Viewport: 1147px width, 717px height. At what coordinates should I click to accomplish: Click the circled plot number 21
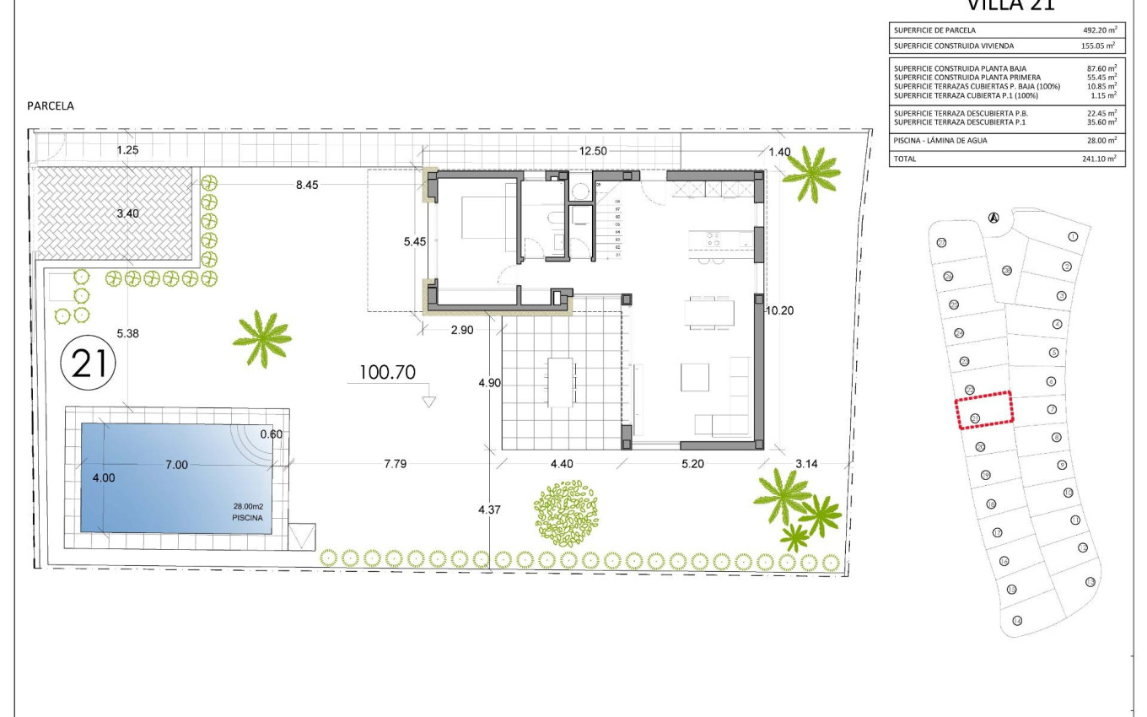coord(89,364)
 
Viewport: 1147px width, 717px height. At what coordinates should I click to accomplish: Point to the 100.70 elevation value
coord(387,372)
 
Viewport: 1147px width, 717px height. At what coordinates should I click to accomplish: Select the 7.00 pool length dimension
coord(176,464)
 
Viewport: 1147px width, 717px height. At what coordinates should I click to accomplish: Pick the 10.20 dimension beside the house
coord(779,310)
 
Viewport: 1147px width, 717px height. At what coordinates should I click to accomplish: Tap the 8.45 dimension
coord(307,184)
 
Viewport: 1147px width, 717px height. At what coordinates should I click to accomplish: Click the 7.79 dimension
coord(395,463)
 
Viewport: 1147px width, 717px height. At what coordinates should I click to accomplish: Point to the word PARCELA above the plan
coord(51,106)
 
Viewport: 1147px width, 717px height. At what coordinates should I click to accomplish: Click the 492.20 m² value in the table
coord(1099,30)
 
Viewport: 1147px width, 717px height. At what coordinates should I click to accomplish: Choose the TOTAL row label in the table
coord(906,159)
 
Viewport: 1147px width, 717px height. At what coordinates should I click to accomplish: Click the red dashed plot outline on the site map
coord(984,411)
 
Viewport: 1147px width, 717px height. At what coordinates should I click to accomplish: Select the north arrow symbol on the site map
coord(994,218)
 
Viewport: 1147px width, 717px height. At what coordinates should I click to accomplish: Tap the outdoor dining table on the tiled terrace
coord(561,382)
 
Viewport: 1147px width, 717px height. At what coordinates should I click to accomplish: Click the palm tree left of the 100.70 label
coord(262,338)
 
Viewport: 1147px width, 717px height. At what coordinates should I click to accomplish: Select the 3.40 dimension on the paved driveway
coord(128,213)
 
